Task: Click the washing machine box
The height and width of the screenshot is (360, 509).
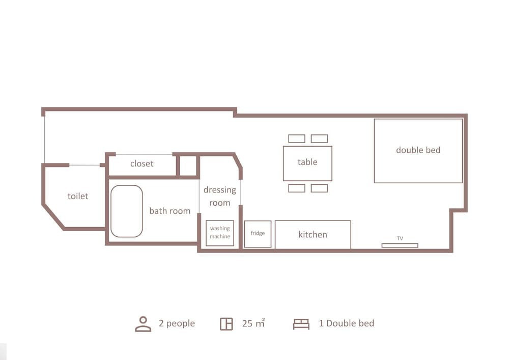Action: [220, 233]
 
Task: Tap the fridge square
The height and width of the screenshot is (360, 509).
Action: [258, 234]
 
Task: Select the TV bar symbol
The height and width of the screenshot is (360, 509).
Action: [400, 245]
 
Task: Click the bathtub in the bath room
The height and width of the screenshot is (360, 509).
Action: [127, 211]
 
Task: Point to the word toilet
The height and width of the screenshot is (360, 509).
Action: [78, 196]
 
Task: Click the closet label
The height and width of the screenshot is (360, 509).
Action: [142, 163]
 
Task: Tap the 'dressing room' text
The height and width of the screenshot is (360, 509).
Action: [220, 196]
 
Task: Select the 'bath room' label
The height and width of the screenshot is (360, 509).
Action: [170, 211]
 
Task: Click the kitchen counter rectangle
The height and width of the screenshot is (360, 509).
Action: [313, 234]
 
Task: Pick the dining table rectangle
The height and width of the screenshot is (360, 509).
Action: [307, 163]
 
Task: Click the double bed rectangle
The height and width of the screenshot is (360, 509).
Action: [418, 151]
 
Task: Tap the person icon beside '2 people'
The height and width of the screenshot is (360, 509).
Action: [143, 324]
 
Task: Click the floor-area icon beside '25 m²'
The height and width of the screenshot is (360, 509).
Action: [227, 324]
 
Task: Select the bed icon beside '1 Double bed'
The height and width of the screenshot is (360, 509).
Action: [301, 324]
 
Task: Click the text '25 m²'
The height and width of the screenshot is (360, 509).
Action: [253, 323]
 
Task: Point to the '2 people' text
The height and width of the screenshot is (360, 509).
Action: [177, 324]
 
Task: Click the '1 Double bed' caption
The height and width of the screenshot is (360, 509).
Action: [346, 323]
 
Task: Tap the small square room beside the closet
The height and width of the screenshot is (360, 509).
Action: [188, 166]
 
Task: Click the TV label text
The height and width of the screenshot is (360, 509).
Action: [400, 238]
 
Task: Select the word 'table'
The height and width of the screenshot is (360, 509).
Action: [307, 161]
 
